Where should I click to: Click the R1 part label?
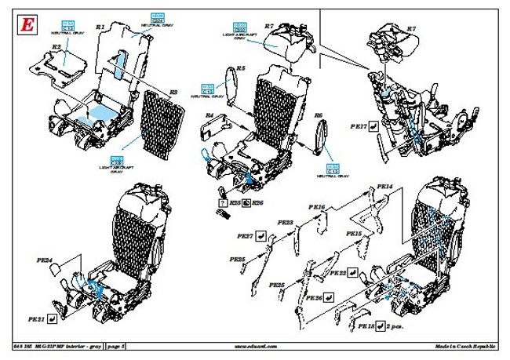tap(100, 27)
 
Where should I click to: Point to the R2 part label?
tap(56, 48)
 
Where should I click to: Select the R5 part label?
tap(241, 69)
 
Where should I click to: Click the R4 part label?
tap(209, 115)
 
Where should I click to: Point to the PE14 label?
tap(384, 187)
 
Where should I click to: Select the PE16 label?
tap(317, 207)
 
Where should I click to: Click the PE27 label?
tap(244, 235)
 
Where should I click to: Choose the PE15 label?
tap(353, 234)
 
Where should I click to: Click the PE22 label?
tap(339, 273)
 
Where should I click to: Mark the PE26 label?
tap(314, 298)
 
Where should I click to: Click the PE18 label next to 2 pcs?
tap(366, 325)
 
